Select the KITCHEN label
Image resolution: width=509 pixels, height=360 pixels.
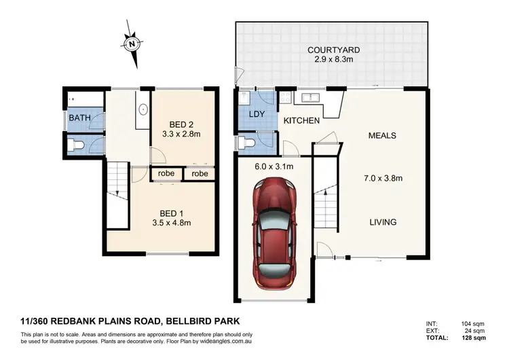click(x=301, y=121)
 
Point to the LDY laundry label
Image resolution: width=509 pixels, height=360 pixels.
click(x=257, y=113)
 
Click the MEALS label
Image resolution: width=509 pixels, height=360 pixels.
click(x=382, y=135)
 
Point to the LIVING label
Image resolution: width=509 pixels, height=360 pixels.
click(x=383, y=222)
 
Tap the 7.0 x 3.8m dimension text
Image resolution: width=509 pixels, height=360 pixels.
click(x=383, y=179)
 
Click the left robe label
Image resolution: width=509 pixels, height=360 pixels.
click(x=167, y=174)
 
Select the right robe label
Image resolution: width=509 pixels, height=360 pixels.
click(x=200, y=174)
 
